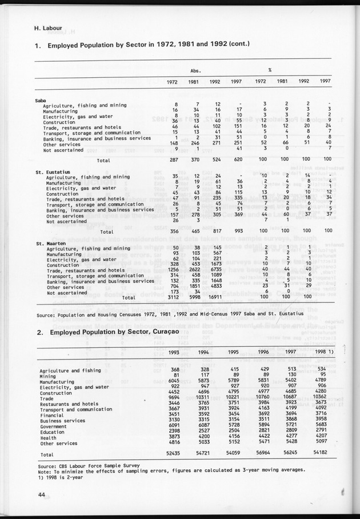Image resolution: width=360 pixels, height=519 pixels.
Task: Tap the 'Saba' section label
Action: pos(41,100)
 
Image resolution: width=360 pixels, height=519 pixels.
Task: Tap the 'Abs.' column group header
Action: pos(195,70)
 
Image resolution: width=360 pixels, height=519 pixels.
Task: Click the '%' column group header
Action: pos(270,70)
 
